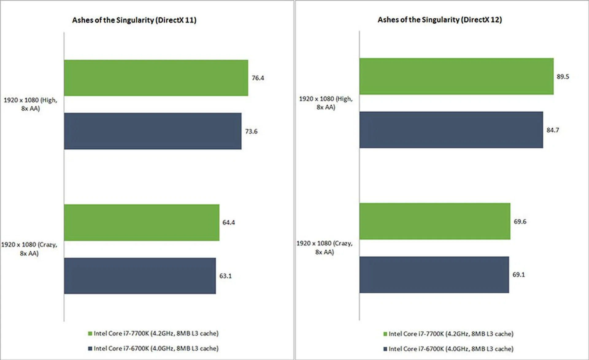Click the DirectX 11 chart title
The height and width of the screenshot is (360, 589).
pyautogui.click(x=134, y=20)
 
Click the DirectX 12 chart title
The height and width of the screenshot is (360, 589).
pyautogui.click(x=440, y=20)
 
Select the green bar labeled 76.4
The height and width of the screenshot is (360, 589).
pyautogui.click(x=156, y=78)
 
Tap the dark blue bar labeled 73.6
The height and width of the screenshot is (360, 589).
pyautogui.click(x=152, y=131)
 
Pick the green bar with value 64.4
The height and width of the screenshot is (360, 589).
pyautogui.click(x=141, y=223)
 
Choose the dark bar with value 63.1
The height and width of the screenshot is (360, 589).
pyautogui.click(x=140, y=276)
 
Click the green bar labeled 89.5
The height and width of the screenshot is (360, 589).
pyautogui.click(x=456, y=76)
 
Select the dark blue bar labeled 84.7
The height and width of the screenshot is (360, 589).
pyautogui.click(x=451, y=130)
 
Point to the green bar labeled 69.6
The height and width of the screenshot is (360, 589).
pyautogui.click(x=435, y=221)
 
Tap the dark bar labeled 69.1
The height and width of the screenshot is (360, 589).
pyautogui.click(x=434, y=275)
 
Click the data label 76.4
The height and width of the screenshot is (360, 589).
pyautogui.click(x=258, y=78)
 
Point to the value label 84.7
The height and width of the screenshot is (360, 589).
pyautogui.click(x=552, y=130)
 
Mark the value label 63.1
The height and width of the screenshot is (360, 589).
pyautogui.click(x=225, y=276)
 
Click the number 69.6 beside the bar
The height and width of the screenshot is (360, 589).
pyautogui.click(x=520, y=222)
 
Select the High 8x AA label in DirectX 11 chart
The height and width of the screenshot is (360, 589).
pyautogui.click(x=30, y=104)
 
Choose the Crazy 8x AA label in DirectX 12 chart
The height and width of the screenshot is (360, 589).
pyautogui.click(x=325, y=247)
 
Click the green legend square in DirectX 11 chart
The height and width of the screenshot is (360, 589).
pyautogui.click(x=90, y=334)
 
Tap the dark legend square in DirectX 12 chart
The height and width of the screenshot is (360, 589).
pyautogui.click(x=385, y=349)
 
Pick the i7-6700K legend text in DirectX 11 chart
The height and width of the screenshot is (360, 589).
pyautogui.click(x=156, y=349)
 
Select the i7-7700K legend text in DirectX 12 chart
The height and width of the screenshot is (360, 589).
pyautogui.click(x=451, y=334)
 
